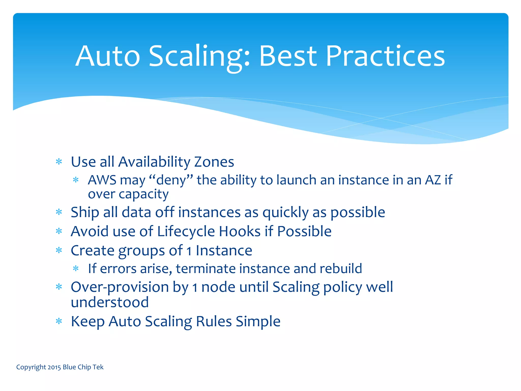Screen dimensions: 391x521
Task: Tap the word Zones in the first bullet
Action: (x=214, y=162)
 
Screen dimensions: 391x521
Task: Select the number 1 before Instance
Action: (x=189, y=251)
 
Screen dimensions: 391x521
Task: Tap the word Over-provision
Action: (x=120, y=287)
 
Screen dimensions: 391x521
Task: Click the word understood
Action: (x=110, y=302)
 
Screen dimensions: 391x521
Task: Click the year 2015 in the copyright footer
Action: (x=54, y=367)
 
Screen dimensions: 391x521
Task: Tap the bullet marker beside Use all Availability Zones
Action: (x=59, y=162)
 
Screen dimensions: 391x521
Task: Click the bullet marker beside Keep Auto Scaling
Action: (x=59, y=321)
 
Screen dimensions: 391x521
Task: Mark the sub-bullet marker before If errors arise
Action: (x=76, y=268)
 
